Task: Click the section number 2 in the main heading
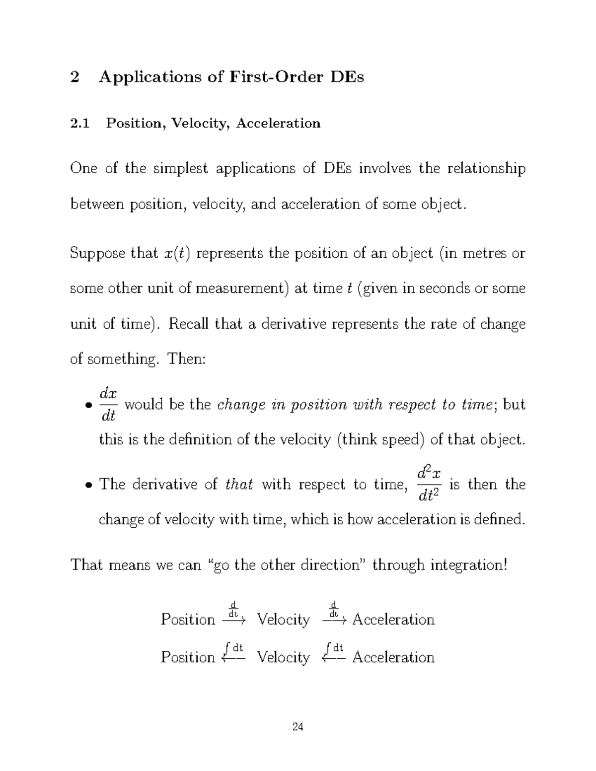(x=75, y=77)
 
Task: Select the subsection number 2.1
(x=79, y=123)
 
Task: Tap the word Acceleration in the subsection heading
(x=278, y=123)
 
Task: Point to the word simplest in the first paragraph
(x=180, y=169)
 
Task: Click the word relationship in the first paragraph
(x=486, y=169)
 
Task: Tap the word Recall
(x=189, y=324)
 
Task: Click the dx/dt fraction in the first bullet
(x=108, y=405)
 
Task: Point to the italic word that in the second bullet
(x=239, y=484)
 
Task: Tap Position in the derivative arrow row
(x=188, y=620)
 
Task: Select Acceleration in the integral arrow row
(x=393, y=657)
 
